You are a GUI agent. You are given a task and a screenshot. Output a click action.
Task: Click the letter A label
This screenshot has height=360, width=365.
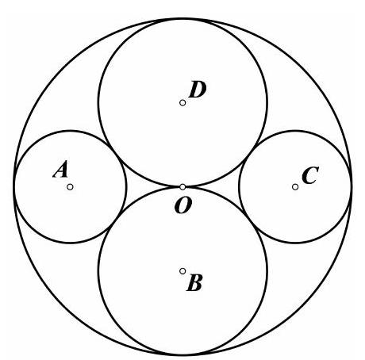pos(60,170)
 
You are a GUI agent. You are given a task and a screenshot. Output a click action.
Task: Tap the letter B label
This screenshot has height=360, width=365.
pos(194,282)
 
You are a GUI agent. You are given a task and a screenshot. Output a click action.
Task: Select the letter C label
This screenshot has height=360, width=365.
pos(310,175)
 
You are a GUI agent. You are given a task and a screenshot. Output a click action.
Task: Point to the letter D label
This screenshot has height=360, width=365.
pos(197,90)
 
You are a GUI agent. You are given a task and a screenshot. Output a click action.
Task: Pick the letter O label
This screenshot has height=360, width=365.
pos(182,205)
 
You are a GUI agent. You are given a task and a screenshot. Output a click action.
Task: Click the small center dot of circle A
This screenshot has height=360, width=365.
pos(70,187)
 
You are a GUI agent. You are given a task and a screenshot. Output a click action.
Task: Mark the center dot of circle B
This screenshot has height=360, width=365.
pos(182,271)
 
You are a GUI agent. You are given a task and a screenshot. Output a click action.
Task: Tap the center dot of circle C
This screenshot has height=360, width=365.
pos(295,187)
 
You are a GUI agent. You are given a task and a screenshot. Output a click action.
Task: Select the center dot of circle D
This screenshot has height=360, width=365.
pos(182,103)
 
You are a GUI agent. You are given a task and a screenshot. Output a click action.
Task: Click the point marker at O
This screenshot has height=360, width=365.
pos(182,187)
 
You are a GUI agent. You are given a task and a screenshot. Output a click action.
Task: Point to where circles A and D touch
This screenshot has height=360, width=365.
pos(115,153)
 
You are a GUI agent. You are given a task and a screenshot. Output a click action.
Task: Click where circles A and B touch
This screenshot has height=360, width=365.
pos(115,221)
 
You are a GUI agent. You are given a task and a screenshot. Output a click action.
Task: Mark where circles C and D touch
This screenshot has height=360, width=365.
pos(250,153)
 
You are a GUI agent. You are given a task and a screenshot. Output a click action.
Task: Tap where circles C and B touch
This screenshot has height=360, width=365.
pos(250,221)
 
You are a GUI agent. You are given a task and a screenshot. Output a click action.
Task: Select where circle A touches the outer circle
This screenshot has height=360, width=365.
pos(14,187)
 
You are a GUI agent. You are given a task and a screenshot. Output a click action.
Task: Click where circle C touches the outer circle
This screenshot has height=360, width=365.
pos(352,187)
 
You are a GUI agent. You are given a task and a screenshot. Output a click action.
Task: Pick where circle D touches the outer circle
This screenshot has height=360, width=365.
pos(182,19)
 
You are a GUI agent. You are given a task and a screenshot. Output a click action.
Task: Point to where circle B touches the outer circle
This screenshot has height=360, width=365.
pos(182,355)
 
